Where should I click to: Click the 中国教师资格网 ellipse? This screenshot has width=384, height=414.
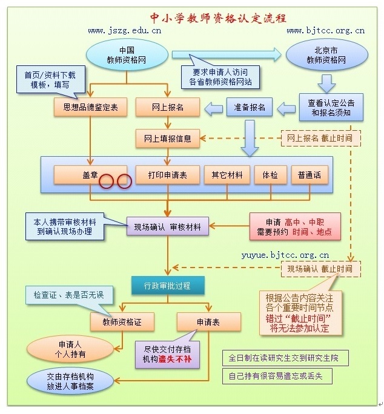coord(127,55)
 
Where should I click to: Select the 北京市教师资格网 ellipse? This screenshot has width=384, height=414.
coord(326,55)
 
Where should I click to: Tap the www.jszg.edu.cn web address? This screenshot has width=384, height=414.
coord(125,31)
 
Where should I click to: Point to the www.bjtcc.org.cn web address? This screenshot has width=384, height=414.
coord(326,31)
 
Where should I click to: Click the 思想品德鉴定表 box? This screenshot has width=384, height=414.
coord(90,107)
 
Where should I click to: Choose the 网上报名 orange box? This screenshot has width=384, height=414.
coord(168,107)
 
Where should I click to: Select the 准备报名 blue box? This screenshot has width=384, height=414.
coord(249,107)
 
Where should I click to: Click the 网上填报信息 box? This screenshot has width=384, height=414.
coord(168,139)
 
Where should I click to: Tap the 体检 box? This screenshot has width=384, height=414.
coord(270,174)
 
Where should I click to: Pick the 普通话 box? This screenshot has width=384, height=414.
coord(310,174)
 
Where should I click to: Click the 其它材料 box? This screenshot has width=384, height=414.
coord(227,174)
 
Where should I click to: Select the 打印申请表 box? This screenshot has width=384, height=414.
coord(168,174)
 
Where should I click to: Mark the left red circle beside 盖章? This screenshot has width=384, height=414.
coord(106,181)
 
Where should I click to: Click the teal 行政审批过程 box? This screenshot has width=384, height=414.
coord(168,286)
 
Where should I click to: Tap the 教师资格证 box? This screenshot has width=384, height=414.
coord(122,322)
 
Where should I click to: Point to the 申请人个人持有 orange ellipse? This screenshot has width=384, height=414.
coord(70,349)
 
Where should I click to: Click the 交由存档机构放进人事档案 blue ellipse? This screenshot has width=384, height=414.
coord(70,381)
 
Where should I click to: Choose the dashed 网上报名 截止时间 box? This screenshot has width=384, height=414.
coord(321,138)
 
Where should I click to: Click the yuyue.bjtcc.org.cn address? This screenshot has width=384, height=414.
coord(285,255)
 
